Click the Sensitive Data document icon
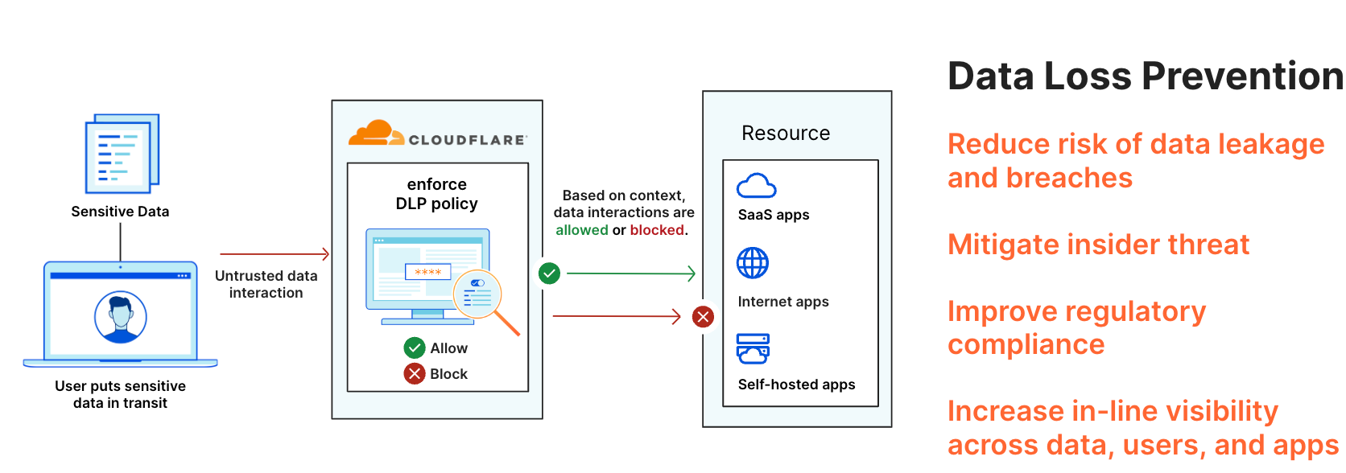(x=122, y=153)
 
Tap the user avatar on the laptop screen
(x=121, y=317)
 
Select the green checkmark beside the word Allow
(x=415, y=348)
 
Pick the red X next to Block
(x=415, y=373)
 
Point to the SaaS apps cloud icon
(x=756, y=186)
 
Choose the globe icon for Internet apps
(x=753, y=262)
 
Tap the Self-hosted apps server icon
(x=753, y=349)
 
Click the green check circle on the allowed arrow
(x=549, y=274)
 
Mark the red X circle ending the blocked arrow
(x=703, y=316)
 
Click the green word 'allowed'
(x=582, y=230)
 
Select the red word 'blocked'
(x=657, y=230)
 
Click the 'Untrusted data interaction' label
(x=266, y=284)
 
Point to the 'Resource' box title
(x=786, y=134)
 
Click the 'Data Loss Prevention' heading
(x=1146, y=76)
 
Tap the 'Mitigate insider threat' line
(x=1098, y=245)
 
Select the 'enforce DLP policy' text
(x=436, y=194)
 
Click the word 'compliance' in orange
(x=1026, y=344)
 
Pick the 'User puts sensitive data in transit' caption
(x=121, y=394)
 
